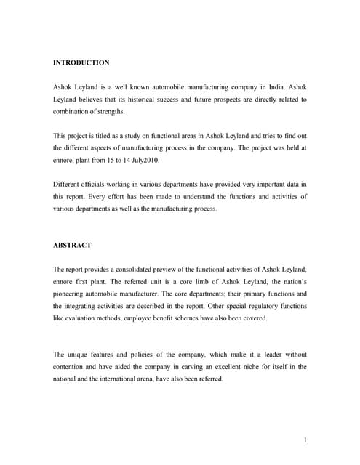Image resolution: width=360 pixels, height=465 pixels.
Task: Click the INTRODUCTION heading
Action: pyautogui.click(x=81, y=63)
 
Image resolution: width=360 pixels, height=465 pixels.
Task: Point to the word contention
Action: pyautogui.click(x=72, y=367)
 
